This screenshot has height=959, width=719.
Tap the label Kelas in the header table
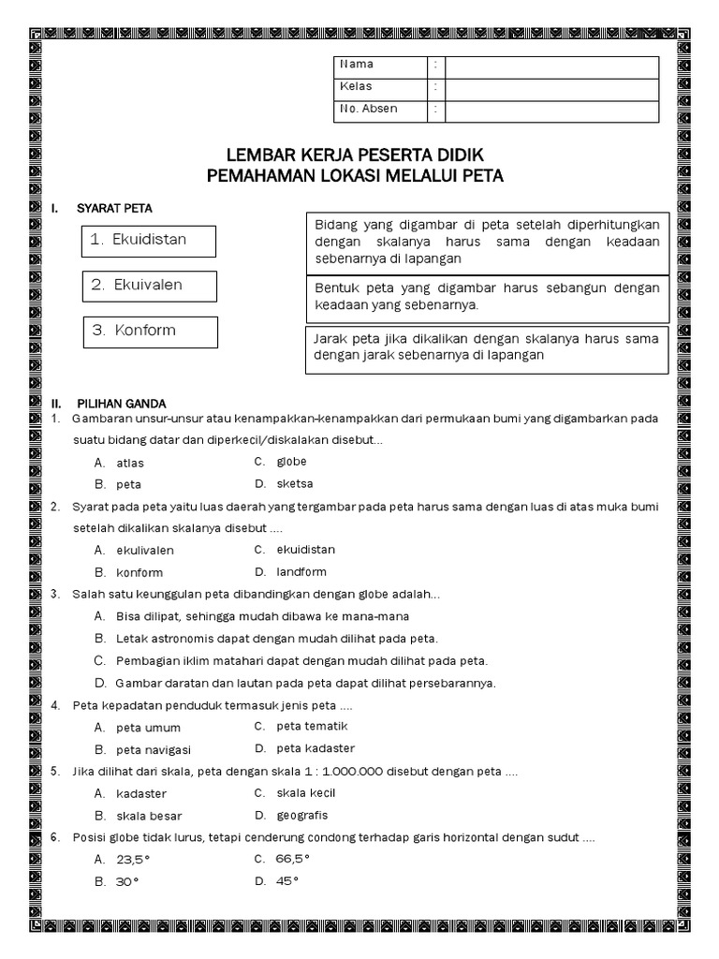point(356,87)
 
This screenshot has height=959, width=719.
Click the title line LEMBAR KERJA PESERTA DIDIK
point(355,155)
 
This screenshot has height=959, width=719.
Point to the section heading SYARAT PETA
point(114,208)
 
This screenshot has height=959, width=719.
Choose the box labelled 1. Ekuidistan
point(149,240)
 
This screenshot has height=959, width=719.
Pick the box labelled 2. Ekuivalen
point(149,286)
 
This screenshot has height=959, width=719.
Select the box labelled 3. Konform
point(149,332)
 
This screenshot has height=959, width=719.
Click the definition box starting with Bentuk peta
point(487,297)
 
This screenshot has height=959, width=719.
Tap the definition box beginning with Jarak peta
point(487,347)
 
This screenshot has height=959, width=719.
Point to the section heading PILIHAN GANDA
point(122,403)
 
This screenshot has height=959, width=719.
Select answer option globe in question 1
point(291,462)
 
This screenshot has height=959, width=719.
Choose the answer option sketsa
point(294,484)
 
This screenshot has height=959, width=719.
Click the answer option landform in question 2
point(301,572)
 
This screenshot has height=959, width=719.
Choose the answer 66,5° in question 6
point(292,859)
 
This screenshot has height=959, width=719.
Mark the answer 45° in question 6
point(287,881)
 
